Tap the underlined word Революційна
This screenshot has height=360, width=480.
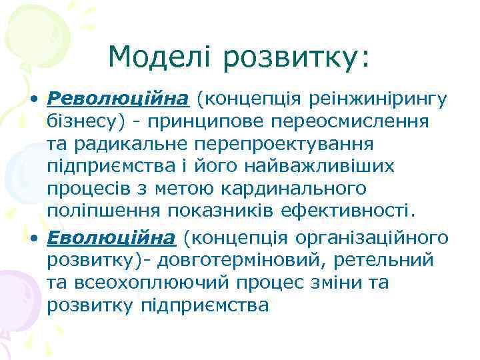click(117, 99)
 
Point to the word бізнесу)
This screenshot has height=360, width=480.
click(81, 122)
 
